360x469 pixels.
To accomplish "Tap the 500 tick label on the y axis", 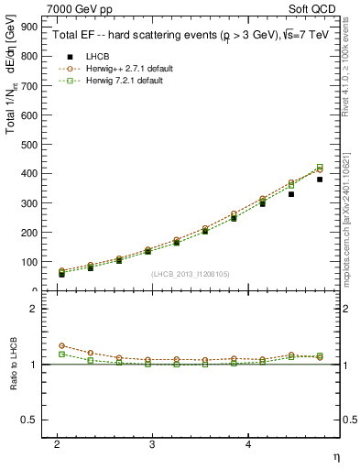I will [31, 144].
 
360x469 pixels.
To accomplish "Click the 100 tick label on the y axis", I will [31, 262].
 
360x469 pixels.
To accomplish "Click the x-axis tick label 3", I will [152, 442].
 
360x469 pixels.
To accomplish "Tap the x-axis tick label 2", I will [57, 442].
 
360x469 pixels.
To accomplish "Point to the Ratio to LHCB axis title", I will [13, 364].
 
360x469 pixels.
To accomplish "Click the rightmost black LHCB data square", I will [320, 180].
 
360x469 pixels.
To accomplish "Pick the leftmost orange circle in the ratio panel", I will [61, 345].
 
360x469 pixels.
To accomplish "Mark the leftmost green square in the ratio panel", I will [61, 354].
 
